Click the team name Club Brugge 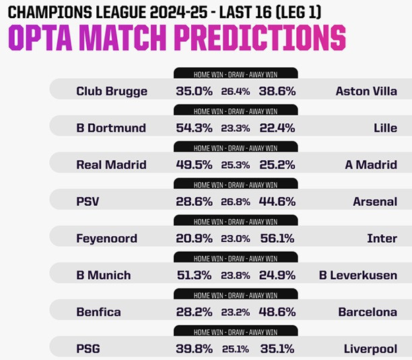pos(112,91)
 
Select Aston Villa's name pos(366,91)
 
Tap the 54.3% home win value pos(194,128)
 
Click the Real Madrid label pos(111,165)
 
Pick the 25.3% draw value pos(233,165)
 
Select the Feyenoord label pos(106,238)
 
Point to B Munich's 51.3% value pos(194,275)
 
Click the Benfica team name pos(99,312)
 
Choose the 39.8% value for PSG pos(194,349)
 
